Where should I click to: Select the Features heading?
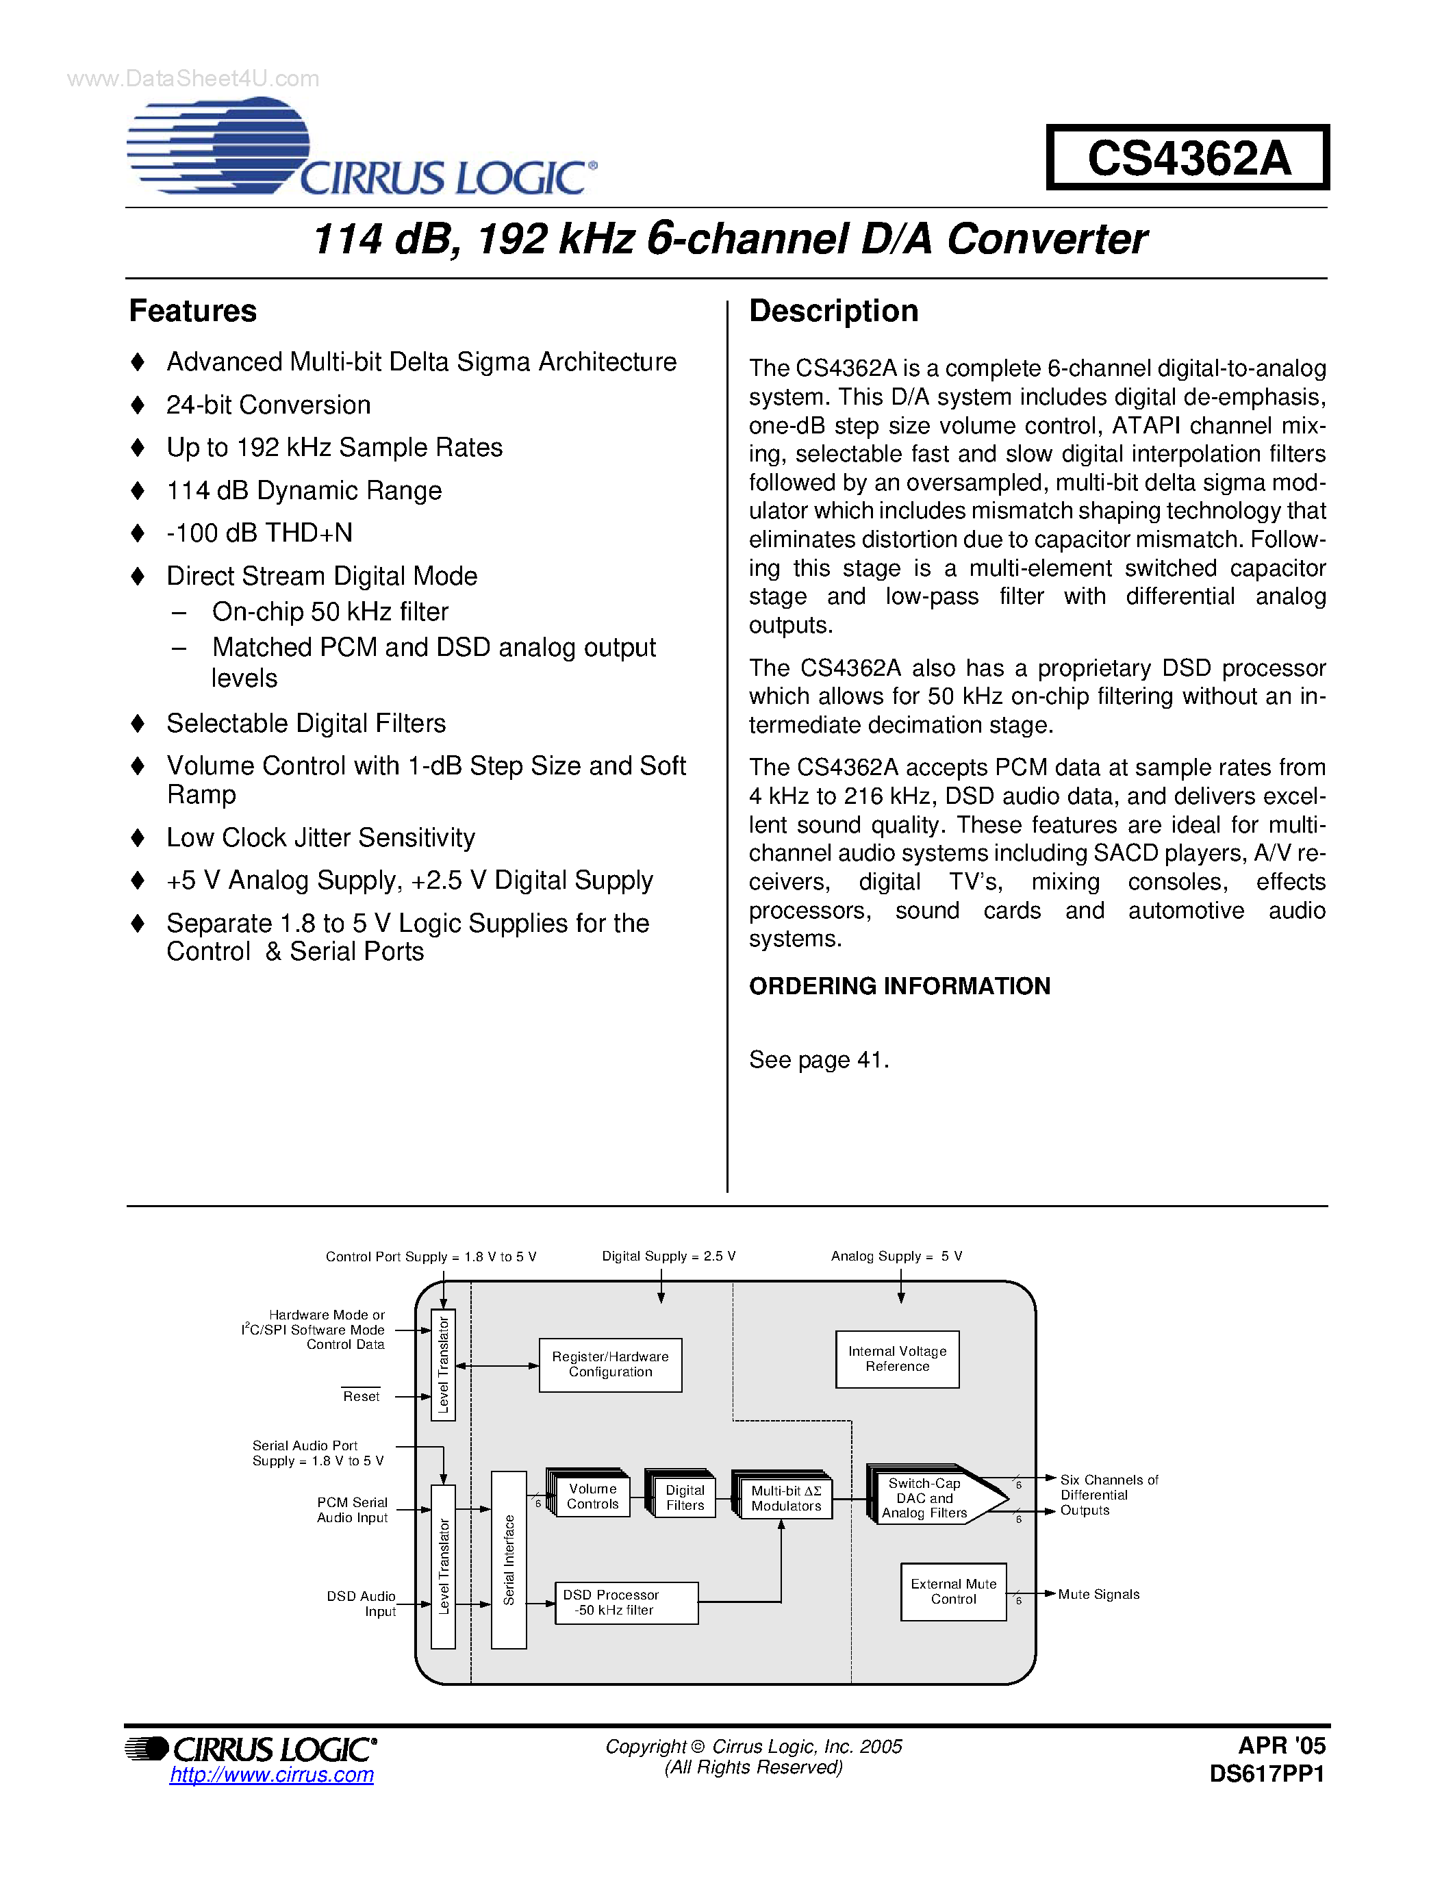click(x=193, y=312)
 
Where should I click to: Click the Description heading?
click(x=833, y=312)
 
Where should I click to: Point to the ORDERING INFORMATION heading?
click(x=899, y=986)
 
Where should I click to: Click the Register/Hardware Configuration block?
click(x=610, y=1364)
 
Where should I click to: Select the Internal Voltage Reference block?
click(x=898, y=1358)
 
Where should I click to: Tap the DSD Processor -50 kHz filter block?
click(x=627, y=1602)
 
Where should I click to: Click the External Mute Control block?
click(x=953, y=1591)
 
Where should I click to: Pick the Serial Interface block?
click(x=509, y=1560)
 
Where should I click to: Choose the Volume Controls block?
click(x=593, y=1496)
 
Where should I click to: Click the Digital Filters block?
click(x=685, y=1497)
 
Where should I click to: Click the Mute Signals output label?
click(x=1098, y=1594)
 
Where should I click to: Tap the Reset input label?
click(x=361, y=1397)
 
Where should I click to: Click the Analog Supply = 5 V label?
click(x=896, y=1256)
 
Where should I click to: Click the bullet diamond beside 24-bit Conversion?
click(x=138, y=405)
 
